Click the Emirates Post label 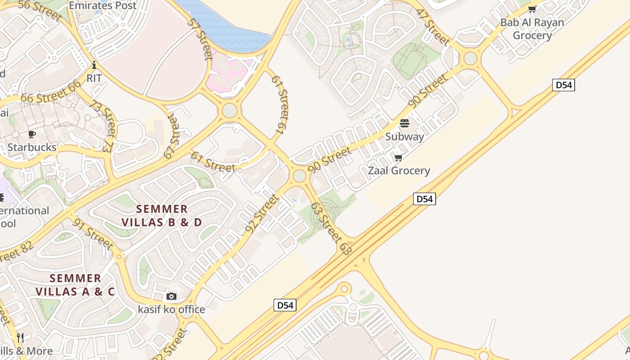tap(102, 5)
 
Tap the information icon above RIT tap(94, 65)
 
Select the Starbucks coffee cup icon tap(31, 134)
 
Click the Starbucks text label tap(32, 147)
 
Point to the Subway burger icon tap(404, 123)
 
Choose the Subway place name tap(404, 136)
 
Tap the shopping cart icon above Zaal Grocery tap(398, 157)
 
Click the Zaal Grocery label tap(399, 171)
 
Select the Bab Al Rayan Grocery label tap(532, 28)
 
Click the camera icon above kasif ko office tap(171, 296)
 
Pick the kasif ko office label tap(171, 309)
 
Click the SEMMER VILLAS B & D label tap(162, 215)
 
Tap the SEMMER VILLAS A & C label tap(75, 284)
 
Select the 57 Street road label tap(201, 39)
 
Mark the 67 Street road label tap(171, 136)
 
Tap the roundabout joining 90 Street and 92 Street tap(299, 176)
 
